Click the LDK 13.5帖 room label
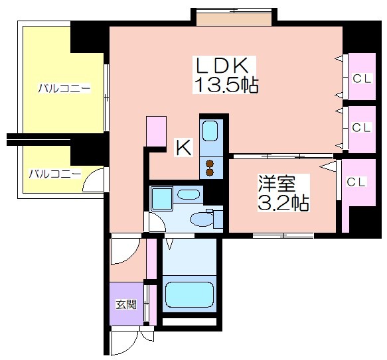point(225,75)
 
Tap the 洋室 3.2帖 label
point(283,192)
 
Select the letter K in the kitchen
point(184,147)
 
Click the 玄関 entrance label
point(126,305)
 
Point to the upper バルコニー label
point(64,88)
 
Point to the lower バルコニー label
point(55,174)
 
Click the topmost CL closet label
point(362,79)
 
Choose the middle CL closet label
point(361,127)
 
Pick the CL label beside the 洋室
point(356,182)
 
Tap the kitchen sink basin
point(210,131)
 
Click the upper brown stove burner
point(210,164)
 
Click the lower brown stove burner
point(210,172)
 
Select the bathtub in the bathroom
point(189,295)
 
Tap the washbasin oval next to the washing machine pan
point(189,194)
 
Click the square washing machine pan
point(162,199)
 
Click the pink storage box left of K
point(156,131)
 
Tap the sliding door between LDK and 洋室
point(283,156)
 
